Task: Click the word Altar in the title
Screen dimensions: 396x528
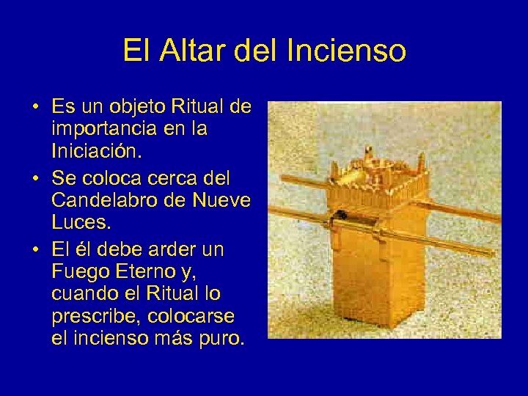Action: [x=194, y=51]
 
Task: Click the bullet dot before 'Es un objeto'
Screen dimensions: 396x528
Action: [x=35, y=109]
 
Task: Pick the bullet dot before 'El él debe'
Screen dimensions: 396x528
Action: [x=35, y=250]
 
